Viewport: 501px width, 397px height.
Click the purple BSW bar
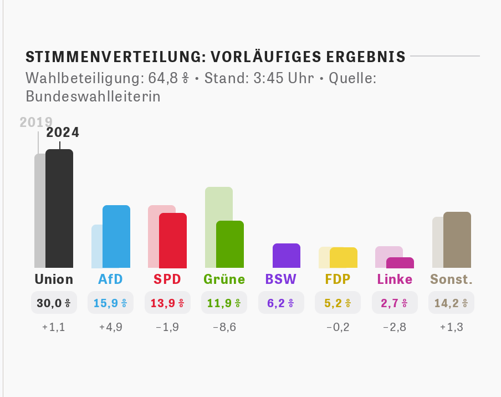click(x=287, y=256)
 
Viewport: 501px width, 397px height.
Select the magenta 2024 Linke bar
click(x=400, y=263)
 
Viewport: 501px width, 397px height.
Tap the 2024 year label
click(x=63, y=133)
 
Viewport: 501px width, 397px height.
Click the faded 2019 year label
click(x=36, y=122)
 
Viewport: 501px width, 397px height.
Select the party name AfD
click(x=110, y=279)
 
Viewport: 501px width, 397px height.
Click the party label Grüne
click(x=224, y=279)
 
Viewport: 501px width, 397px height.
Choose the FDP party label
click(x=338, y=279)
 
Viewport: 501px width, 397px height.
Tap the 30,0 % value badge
click(x=54, y=303)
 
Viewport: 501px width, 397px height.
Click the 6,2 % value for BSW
click(x=281, y=303)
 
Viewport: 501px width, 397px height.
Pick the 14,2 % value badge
click(x=451, y=303)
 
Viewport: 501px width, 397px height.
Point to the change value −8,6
click(x=224, y=327)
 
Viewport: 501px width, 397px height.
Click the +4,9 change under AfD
click(x=110, y=327)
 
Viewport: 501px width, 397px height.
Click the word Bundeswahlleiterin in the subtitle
click(x=93, y=96)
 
